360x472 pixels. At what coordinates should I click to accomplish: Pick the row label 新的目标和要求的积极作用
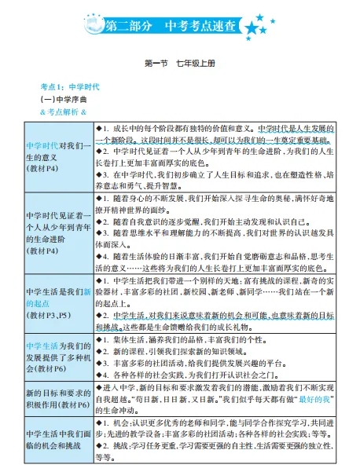57,390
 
